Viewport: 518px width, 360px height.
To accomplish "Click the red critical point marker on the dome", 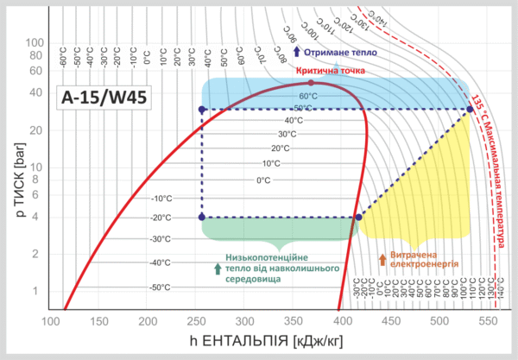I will [x=311, y=83].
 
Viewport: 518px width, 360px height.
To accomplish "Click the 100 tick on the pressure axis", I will [x=35, y=42].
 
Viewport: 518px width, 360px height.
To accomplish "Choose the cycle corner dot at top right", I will [x=470, y=109].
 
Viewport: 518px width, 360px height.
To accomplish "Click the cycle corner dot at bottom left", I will [x=202, y=218].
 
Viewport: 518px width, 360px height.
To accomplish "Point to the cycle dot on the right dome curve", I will [x=358, y=218].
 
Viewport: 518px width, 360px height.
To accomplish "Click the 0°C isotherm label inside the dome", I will [x=264, y=180].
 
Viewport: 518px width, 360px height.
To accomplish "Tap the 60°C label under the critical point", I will [x=308, y=96].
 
